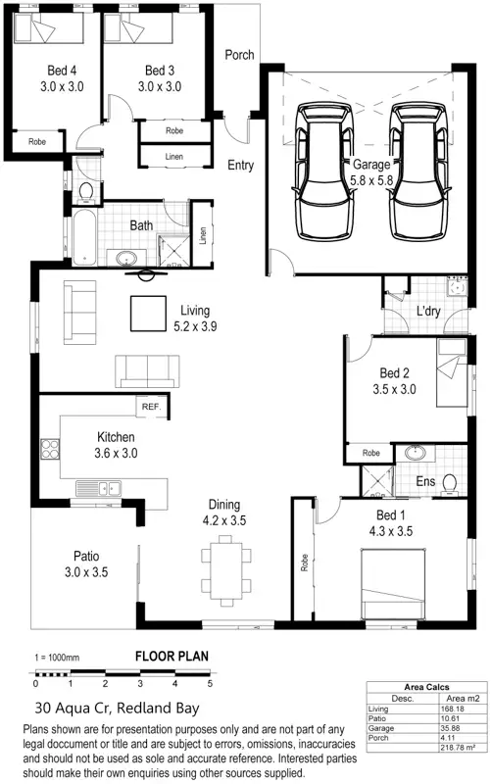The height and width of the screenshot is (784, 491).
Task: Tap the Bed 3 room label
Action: coord(159,71)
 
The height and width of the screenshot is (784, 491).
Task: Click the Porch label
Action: coord(239,55)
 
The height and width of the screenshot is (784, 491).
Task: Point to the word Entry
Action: coord(240,166)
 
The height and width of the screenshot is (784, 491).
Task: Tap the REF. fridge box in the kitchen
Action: coord(151,407)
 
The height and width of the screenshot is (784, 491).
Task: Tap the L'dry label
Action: coord(429,311)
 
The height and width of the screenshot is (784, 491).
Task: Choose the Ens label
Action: coord(425,482)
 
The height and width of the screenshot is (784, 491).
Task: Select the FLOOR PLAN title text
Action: coord(171,657)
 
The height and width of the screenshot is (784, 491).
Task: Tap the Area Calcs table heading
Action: coord(426,688)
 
